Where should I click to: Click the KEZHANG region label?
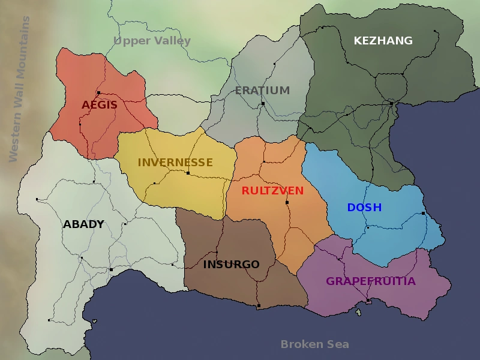(383, 41)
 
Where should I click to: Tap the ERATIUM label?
(262, 91)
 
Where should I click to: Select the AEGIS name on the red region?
(100, 105)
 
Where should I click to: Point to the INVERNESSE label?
(175, 163)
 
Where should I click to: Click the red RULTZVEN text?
(272, 191)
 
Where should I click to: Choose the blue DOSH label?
(364, 208)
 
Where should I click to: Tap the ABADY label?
(83, 224)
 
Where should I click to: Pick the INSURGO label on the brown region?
(231, 265)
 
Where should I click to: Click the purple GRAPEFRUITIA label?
(370, 281)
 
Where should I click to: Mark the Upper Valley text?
(152, 41)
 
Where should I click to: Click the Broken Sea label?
(314, 344)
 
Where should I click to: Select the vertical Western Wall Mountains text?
(18, 89)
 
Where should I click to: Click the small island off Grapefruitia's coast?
(359, 312)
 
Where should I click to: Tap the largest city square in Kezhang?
(391, 103)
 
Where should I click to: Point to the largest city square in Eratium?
(263, 104)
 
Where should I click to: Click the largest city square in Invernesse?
(188, 173)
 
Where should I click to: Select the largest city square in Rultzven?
(287, 203)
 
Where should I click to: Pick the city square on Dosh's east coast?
(423, 214)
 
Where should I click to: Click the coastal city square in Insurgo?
(259, 306)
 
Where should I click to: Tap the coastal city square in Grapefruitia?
(368, 300)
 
